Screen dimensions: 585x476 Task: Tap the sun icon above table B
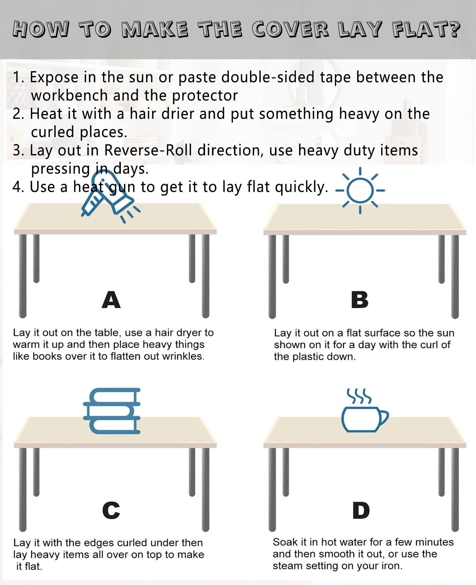pyautogui.click(x=360, y=190)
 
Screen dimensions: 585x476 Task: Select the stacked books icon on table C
pyautogui.click(x=112, y=411)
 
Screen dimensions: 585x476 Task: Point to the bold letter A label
pyautogui.click(x=111, y=300)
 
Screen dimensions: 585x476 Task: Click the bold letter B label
pyautogui.click(x=360, y=300)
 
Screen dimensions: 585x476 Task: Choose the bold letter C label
pyautogui.click(x=111, y=510)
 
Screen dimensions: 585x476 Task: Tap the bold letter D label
pyautogui.click(x=361, y=510)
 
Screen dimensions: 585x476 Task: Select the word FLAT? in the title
pyautogui.click(x=427, y=30)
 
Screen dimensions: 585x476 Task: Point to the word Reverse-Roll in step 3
pyautogui.click(x=148, y=150)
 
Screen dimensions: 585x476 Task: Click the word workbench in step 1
pyautogui.click(x=70, y=96)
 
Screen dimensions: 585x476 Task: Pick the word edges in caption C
pyautogui.click(x=102, y=543)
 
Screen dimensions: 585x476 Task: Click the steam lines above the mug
pyautogui.click(x=359, y=396)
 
